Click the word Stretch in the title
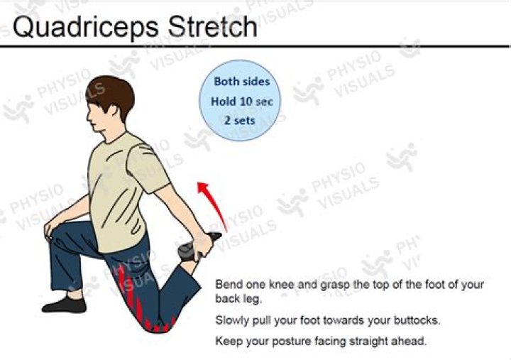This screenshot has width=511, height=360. [212, 26]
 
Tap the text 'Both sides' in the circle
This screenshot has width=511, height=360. [242, 81]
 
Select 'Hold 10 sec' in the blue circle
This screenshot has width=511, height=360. [241, 102]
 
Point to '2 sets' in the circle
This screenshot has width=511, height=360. [240, 120]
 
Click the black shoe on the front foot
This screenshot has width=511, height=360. [64, 305]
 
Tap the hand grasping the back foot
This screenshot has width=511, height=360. [202, 246]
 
